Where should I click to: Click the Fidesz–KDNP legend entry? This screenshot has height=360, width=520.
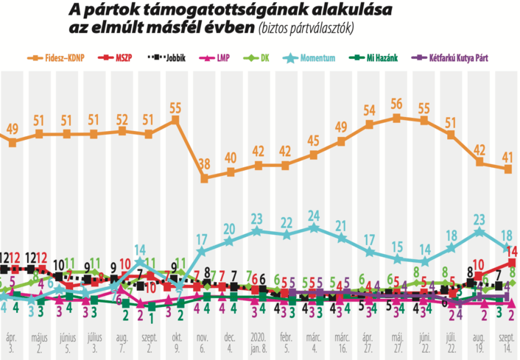(63, 57)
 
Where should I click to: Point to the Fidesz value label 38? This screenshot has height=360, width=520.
(204, 163)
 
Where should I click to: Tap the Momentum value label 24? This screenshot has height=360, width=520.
(314, 215)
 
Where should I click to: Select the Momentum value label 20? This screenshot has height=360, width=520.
(230, 227)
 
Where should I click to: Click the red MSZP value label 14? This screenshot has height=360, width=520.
(512, 250)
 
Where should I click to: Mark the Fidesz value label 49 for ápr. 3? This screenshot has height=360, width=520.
(13, 129)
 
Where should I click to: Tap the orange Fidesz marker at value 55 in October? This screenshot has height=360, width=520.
(176, 119)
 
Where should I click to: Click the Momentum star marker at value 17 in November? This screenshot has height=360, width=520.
(203, 252)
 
